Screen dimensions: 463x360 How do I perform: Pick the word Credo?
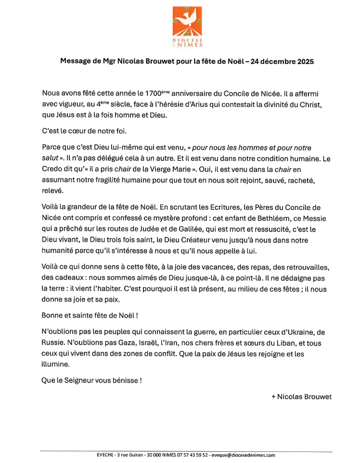tap(54, 169)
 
